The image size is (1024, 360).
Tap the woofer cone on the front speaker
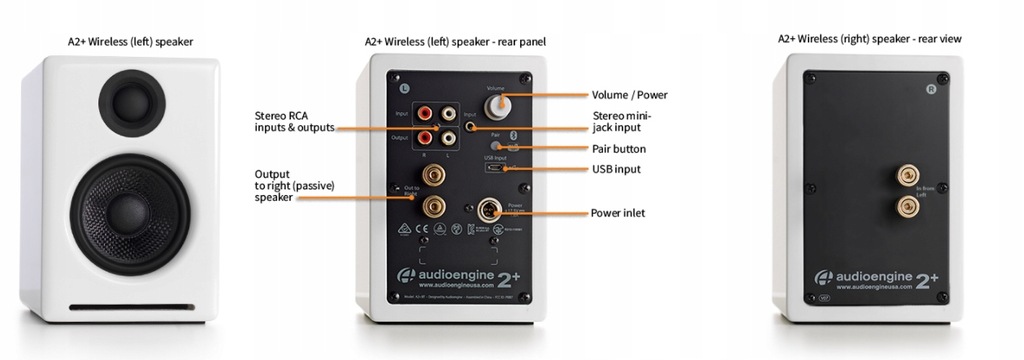(x=127, y=209)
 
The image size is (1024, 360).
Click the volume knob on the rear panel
(x=497, y=104)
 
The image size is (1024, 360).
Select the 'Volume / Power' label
(x=629, y=95)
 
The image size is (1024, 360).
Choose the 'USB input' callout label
(x=616, y=169)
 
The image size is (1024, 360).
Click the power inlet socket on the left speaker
(x=491, y=211)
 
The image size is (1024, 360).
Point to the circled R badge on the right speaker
(x=931, y=89)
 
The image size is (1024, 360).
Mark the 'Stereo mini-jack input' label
(x=623, y=121)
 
